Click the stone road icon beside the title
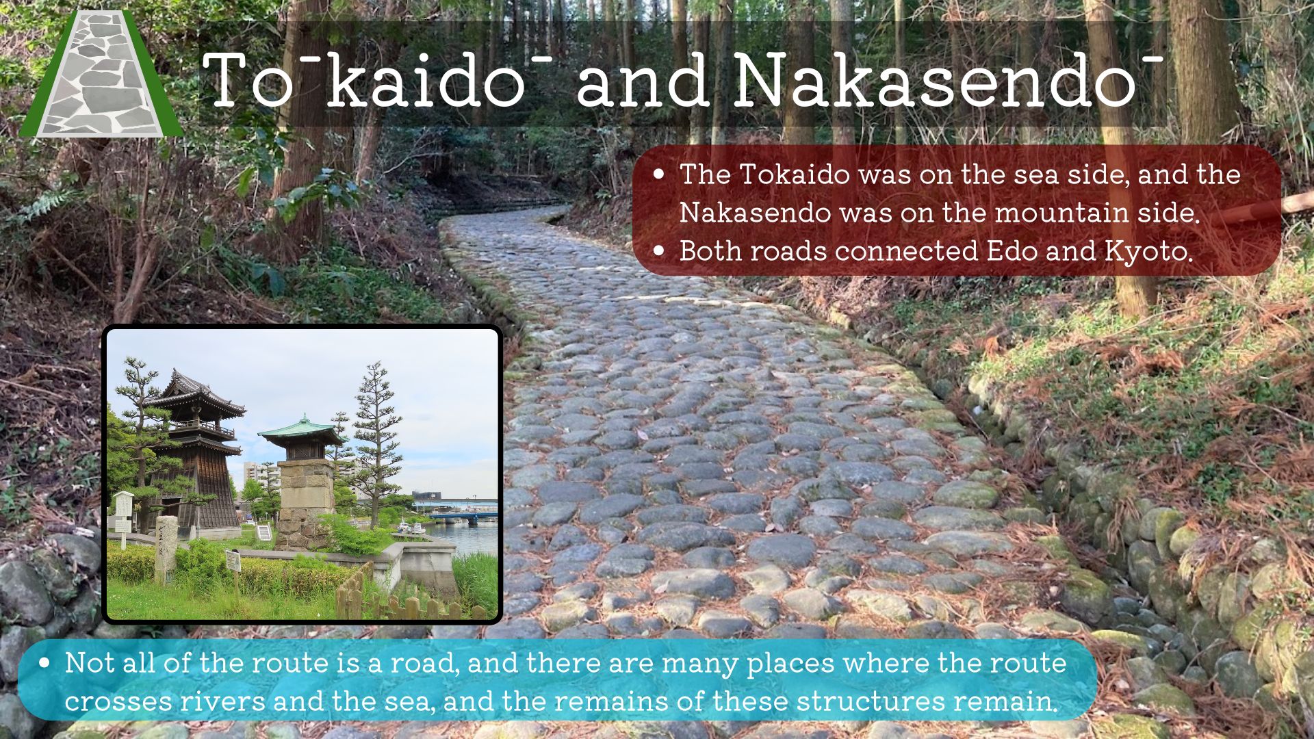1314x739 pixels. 101,74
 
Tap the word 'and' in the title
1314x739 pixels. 643,81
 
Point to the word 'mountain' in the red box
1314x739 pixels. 1061,213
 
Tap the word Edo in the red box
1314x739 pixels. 1012,251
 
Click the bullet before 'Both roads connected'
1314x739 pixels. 658,251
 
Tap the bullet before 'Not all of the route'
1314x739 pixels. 44,662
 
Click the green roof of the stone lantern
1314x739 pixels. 302,430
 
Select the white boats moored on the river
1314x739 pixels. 411,528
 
